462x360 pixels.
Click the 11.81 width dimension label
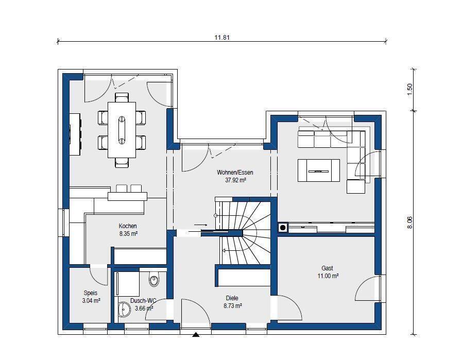click(x=222, y=38)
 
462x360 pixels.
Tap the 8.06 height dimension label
click(x=409, y=222)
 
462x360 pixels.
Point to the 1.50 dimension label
click(x=409, y=89)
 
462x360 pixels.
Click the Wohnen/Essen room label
click(x=235, y=173)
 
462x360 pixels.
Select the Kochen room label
click(x=128, y=226)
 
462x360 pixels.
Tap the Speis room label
click(x=91, y=293)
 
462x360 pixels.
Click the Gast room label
click(x=328, y=268)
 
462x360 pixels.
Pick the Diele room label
click(x=232, y=298)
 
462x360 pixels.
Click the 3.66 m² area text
click(x=144, y=308)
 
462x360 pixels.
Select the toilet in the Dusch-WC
click(x=154, y=280)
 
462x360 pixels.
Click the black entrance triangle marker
click(x=196, y=334)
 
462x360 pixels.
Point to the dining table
click(x=122, y=130)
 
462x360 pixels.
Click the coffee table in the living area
click(x=319, y=170)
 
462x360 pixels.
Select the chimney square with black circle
click(x=283, y=228)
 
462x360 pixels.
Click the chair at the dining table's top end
click(x=122, y=97)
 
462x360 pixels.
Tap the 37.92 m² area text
click(x=235, y=180)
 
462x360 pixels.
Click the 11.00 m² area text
click(x=328, y=276)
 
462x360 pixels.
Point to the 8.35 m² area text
click(x=128, y=234)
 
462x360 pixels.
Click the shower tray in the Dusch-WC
click(x=128, y=284)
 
